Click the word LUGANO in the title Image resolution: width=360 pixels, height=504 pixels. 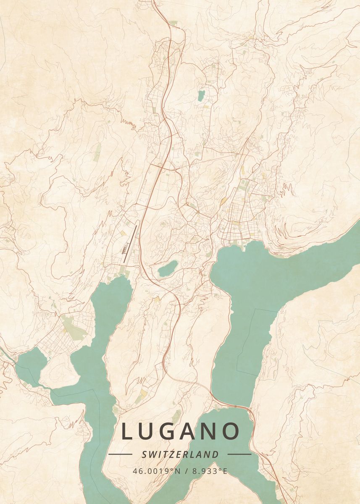tap(180, 432)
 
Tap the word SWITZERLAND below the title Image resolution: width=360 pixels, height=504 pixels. tap(180, 454)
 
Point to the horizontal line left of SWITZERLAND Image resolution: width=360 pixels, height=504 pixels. tap(120, 454)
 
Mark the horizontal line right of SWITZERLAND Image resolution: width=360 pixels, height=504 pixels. tap(239, 454)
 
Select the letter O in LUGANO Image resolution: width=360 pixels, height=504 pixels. tap(230, 432)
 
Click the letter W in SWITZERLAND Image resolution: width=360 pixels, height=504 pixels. tap(154, 454)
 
